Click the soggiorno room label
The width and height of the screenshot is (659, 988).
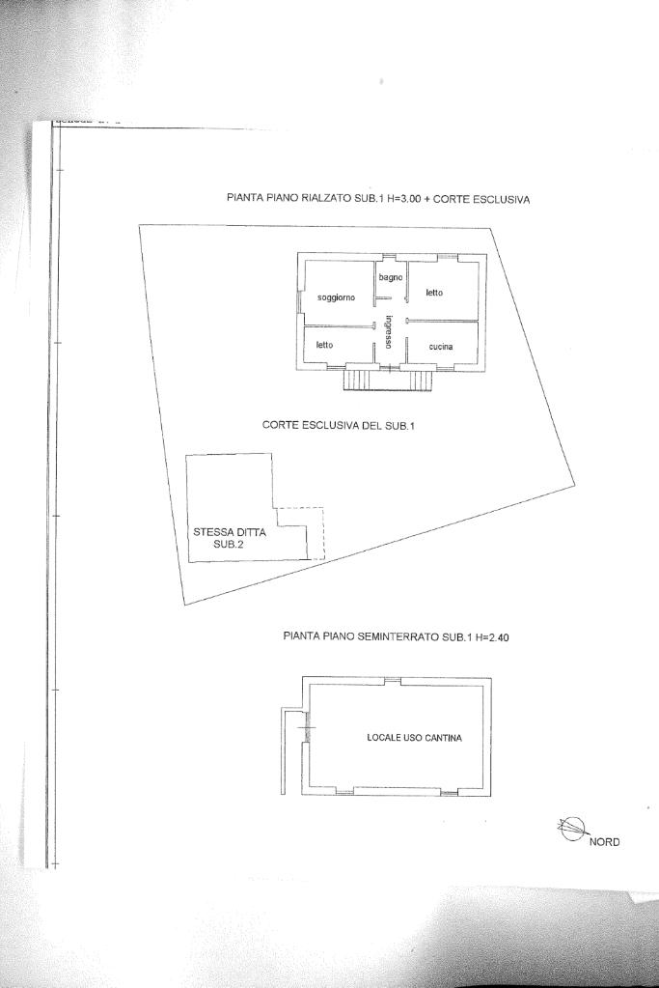tap(337, 297)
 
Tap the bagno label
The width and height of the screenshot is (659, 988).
tap(390, 278)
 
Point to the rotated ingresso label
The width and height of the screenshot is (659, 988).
tap(388, 331)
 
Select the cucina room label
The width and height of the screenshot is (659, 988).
tap(441, 347)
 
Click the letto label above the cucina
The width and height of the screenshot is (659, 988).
tap(434, 293)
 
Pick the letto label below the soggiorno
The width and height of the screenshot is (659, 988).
tap(324, 344)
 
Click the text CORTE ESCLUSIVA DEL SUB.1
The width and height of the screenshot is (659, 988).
tap(338, 425)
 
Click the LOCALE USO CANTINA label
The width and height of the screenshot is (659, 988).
tap(414, 738)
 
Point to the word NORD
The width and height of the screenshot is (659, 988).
tap(604, 841)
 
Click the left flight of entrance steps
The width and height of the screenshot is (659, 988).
tap(356, 381)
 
